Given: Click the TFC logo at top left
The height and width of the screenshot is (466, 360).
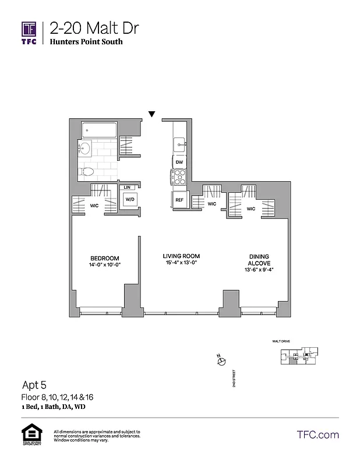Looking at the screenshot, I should pos(29,32).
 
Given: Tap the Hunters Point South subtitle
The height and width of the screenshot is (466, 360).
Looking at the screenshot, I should pos(86,42).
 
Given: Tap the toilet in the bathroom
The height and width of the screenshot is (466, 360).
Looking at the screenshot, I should pos(87,171).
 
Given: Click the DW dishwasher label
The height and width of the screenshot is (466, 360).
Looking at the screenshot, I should pos(179,162).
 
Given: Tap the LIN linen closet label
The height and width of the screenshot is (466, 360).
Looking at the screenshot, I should pos(127,187).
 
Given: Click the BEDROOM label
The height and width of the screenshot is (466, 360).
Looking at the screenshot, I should pos(105,258).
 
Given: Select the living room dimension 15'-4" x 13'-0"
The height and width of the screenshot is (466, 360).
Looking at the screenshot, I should pos(181,263).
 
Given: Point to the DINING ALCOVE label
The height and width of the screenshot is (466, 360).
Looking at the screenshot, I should pos(259,260).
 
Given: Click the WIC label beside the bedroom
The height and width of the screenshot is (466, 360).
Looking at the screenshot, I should pos(93,206).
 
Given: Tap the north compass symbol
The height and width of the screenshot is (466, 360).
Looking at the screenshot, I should pos(221,362).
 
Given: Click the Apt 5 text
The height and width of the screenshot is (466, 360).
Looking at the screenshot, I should pos(34,384).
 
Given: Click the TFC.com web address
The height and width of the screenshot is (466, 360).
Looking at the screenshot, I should pos(317,435).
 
